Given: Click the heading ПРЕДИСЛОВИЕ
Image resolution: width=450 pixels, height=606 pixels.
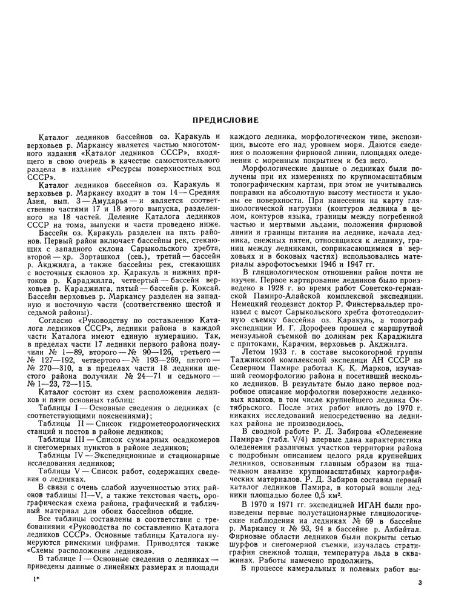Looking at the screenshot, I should coord(225,120).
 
